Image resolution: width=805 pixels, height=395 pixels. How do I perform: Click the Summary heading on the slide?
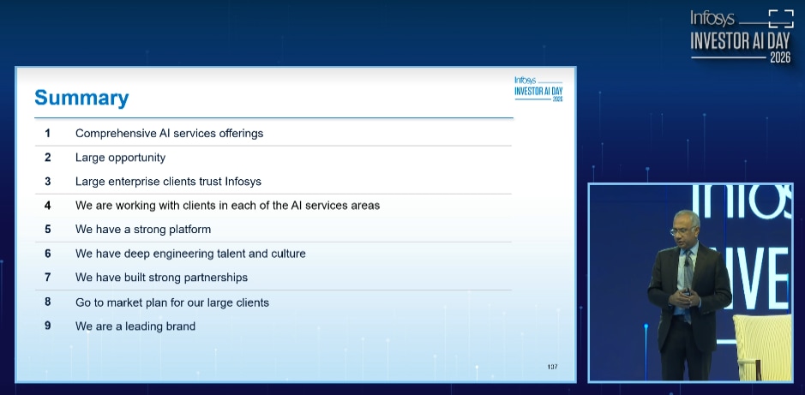(x=81, y=98)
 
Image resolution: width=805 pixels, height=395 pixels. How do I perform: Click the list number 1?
(x=48, y=134)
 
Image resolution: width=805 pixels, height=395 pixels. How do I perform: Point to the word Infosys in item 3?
(x=243, y=182)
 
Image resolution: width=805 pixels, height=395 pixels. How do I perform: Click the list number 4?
(x=48, y=205)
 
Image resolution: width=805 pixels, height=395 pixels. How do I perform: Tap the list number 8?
(x=48, y=302)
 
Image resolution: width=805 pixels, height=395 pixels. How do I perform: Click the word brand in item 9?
(x=180, y=326)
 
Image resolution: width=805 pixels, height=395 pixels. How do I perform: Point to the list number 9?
(x=48, y=326)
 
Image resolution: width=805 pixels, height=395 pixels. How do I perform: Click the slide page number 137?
(x=552, y=366)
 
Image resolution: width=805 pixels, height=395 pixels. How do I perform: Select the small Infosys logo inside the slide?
(x=538, y=88)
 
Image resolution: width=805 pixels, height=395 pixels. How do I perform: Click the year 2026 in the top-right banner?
(x=780, y=58)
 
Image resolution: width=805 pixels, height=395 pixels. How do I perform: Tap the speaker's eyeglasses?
(x=682, y=230)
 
